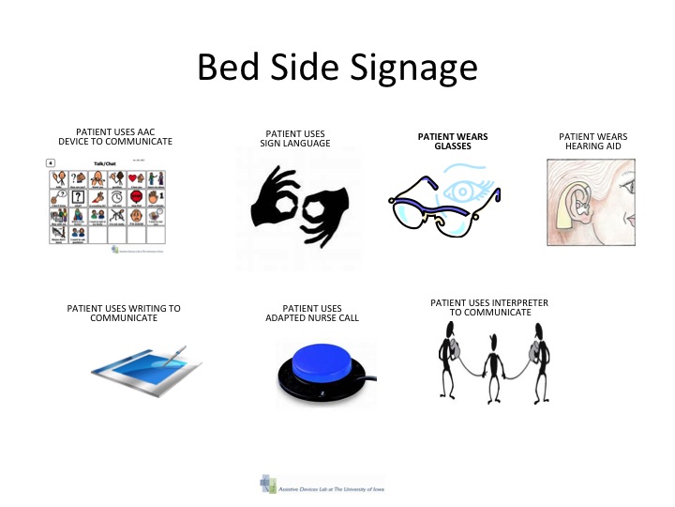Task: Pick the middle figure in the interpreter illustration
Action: (488, 356)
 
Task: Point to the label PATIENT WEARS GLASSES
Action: (452, 142)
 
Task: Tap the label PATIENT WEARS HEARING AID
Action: (592, 142)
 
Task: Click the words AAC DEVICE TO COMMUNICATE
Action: (116, 141)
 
